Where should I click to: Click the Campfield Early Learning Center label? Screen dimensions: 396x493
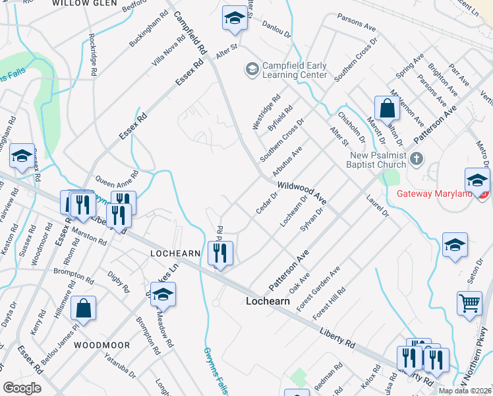[x=295, y=70]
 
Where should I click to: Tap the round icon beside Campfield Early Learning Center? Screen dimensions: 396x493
[x=252, y=68]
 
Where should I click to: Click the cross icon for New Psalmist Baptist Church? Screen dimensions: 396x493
[x=416, y=158]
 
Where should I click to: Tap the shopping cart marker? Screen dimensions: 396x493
[x=469, y=304]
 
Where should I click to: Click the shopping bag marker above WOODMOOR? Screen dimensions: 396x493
[x=84, y=308]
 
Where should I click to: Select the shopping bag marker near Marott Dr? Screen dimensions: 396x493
[x=387, y=108]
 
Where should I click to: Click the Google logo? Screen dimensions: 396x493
[x=22, y=387]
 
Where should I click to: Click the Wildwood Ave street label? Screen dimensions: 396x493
[x=302, y=191]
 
